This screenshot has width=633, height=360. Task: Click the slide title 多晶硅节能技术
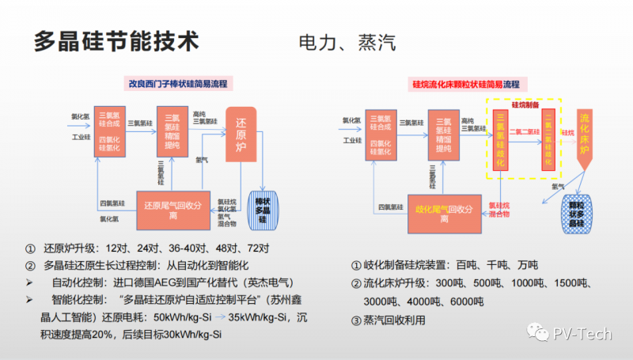click(x=116, y=42)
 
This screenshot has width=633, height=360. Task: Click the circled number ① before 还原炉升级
click(x=30, y=247)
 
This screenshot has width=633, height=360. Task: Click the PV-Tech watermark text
click(x=582, y=333)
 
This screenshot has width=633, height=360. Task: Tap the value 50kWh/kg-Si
click(x=184, y=318)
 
